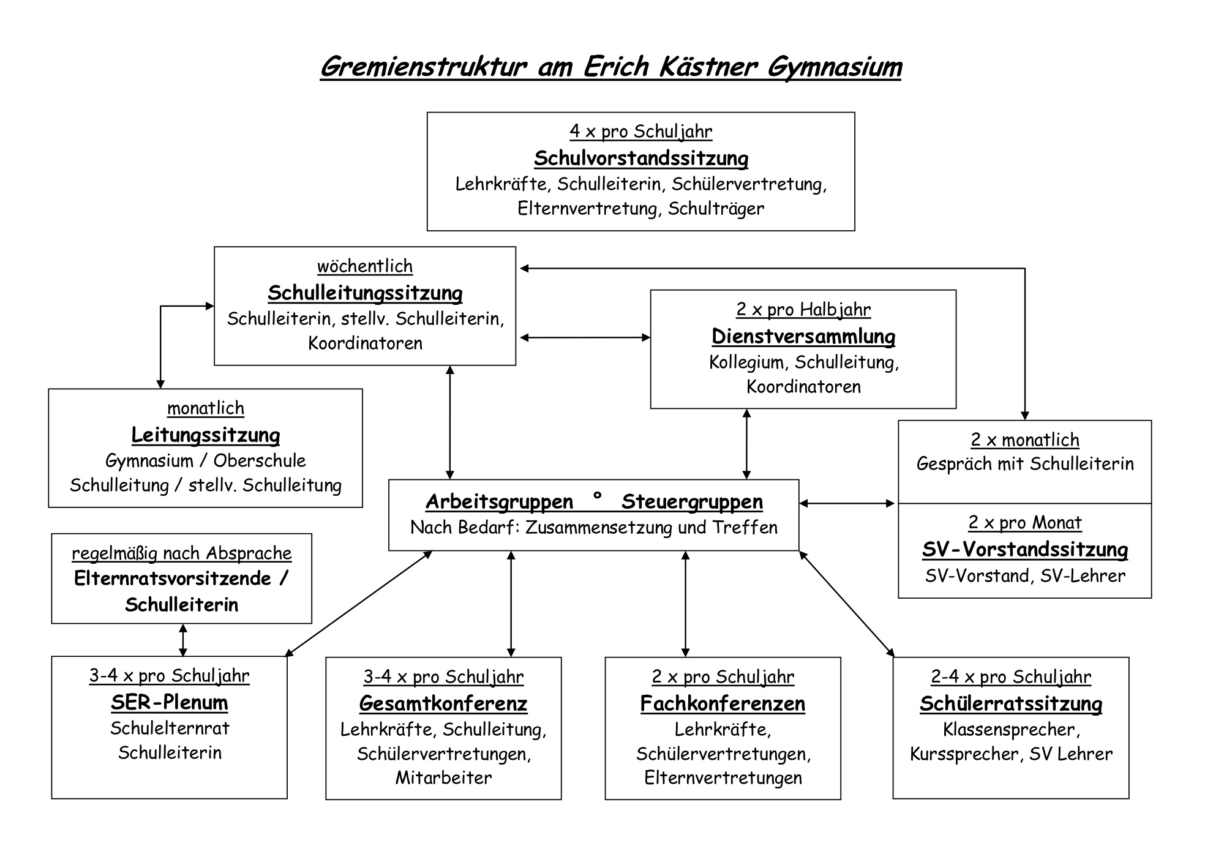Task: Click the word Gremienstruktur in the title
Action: (x=423, y=67)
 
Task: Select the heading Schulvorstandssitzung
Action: (x=641, y=158)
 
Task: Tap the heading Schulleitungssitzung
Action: (x=365, y=293)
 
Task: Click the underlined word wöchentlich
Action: (x=365, y=266)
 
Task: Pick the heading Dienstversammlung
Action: (x=803, y=336)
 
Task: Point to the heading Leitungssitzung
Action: (x=206, y=435)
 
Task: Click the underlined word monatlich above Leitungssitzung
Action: (x=206, y=408)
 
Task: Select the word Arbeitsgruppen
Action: (x=499, y=502)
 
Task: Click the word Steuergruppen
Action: (x=692, y=502)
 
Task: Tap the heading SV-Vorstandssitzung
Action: (x=1025, y=550)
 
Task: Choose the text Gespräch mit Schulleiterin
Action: (x=1025, y=464)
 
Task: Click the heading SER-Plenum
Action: (x=170, y=702)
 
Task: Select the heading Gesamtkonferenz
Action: (x=443, y=703)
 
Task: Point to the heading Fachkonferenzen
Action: (x=723, y=703)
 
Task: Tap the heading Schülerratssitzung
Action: (x=1011, y=703)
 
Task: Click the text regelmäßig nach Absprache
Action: (x=182, y=553)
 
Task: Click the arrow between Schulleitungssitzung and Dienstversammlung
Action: (x=585, y=337)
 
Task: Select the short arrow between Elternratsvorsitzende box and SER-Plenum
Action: (x=182, y=640)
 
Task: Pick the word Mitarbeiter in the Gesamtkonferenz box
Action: (x=443, y=777)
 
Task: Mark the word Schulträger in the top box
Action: (x=716, y=209)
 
